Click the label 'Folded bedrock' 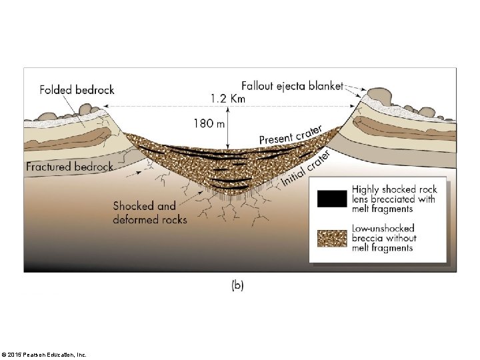pos(77,89)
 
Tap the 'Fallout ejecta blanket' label pos(292,85)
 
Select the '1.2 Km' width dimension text pos(228,98)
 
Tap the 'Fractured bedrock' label pos(69,167)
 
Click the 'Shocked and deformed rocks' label pos(150,213)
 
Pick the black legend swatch pos(332,199)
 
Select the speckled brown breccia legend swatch pos(332,238)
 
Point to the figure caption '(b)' pos(237,285)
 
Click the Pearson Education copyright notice pos(44,354)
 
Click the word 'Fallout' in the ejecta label pos(258,85)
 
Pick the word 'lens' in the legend pos(361,199)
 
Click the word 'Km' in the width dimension pos(237,98)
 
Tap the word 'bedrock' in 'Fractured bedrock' pos(93,167)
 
